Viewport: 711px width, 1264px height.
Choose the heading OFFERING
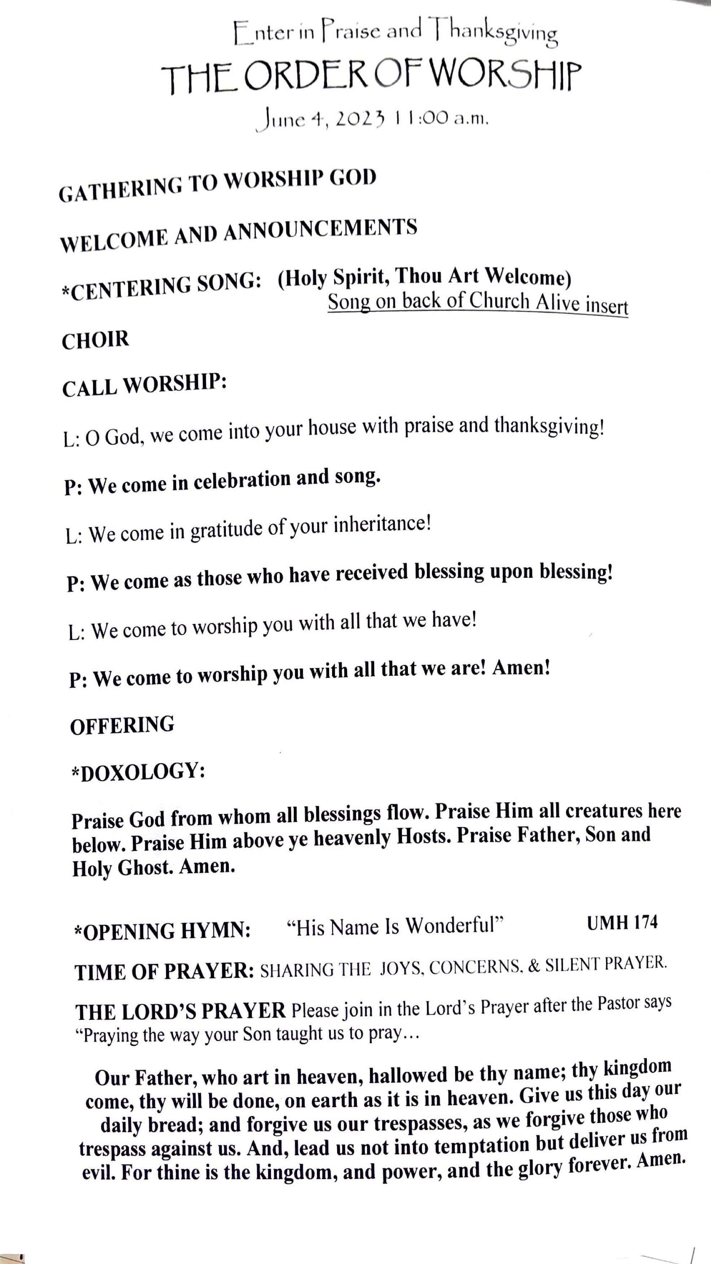click(122, 725)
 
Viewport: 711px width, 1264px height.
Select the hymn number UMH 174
click(622, 923)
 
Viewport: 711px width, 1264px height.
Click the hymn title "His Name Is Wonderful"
click(395, 926)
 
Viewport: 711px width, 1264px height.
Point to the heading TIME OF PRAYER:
click(164, 971)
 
